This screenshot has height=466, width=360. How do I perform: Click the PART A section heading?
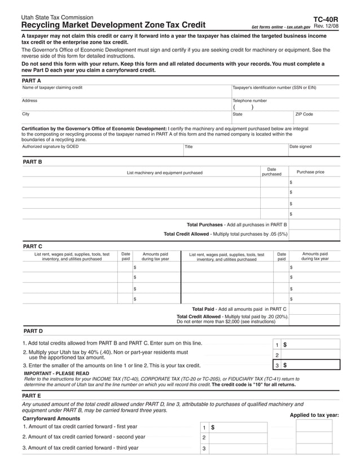(x=32, y=81)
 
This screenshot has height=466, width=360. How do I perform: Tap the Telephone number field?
(x=286, y=107)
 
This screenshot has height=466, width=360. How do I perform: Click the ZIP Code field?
(x=316, y=120)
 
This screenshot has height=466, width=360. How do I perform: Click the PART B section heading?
(x=32, y=162)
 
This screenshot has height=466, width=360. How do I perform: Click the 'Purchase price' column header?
(x=310, y=172)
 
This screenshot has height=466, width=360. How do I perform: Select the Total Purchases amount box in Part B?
(x=314, y=224)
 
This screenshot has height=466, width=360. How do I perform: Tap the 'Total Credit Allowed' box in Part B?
(x=314, y=235)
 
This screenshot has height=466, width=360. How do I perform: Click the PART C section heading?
(x=32, y=247)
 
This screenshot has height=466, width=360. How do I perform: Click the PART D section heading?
(x=32, y=331)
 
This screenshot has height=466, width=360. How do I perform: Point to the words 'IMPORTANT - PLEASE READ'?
(x=56, y=373)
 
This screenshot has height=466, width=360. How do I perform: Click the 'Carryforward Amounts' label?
(x=51, y=419)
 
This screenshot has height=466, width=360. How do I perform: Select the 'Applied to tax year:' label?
(x=314, y=415)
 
